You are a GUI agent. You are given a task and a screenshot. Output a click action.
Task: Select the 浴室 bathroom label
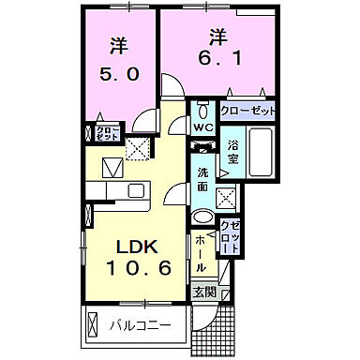tap(233, 153)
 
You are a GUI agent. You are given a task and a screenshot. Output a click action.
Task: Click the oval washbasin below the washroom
tap(202, 217)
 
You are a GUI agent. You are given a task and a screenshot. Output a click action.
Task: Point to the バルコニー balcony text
tap(137, 326)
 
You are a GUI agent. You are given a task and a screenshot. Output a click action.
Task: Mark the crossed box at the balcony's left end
tap(93, 326)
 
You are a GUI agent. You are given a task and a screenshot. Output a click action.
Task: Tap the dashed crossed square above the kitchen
tap(139, 147)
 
